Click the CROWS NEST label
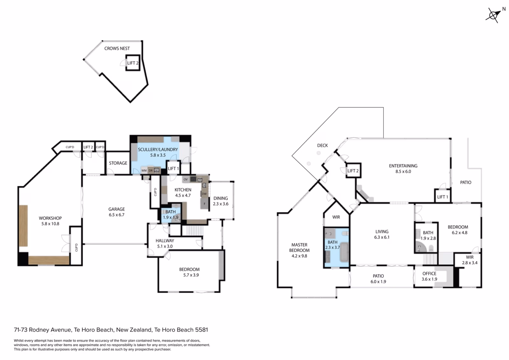point(117,48)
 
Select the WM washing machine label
point(144,170)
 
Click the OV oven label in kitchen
point(186,179)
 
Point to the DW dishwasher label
point(204,194)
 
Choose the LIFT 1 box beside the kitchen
point(173,168)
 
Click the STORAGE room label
point(118,163)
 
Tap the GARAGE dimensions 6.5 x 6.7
point(116,215)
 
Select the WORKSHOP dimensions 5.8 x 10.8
point(50,224)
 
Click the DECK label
point(323,145)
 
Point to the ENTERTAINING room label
point(403,166)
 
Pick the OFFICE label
point(429,273)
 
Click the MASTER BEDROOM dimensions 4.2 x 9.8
point(299,256)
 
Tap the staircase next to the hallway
point(195,231)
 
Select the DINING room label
point(220,198)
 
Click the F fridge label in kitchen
point(204,204)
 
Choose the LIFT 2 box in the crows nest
point(133,63)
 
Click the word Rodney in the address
point(38,330)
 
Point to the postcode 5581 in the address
point(202,330)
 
